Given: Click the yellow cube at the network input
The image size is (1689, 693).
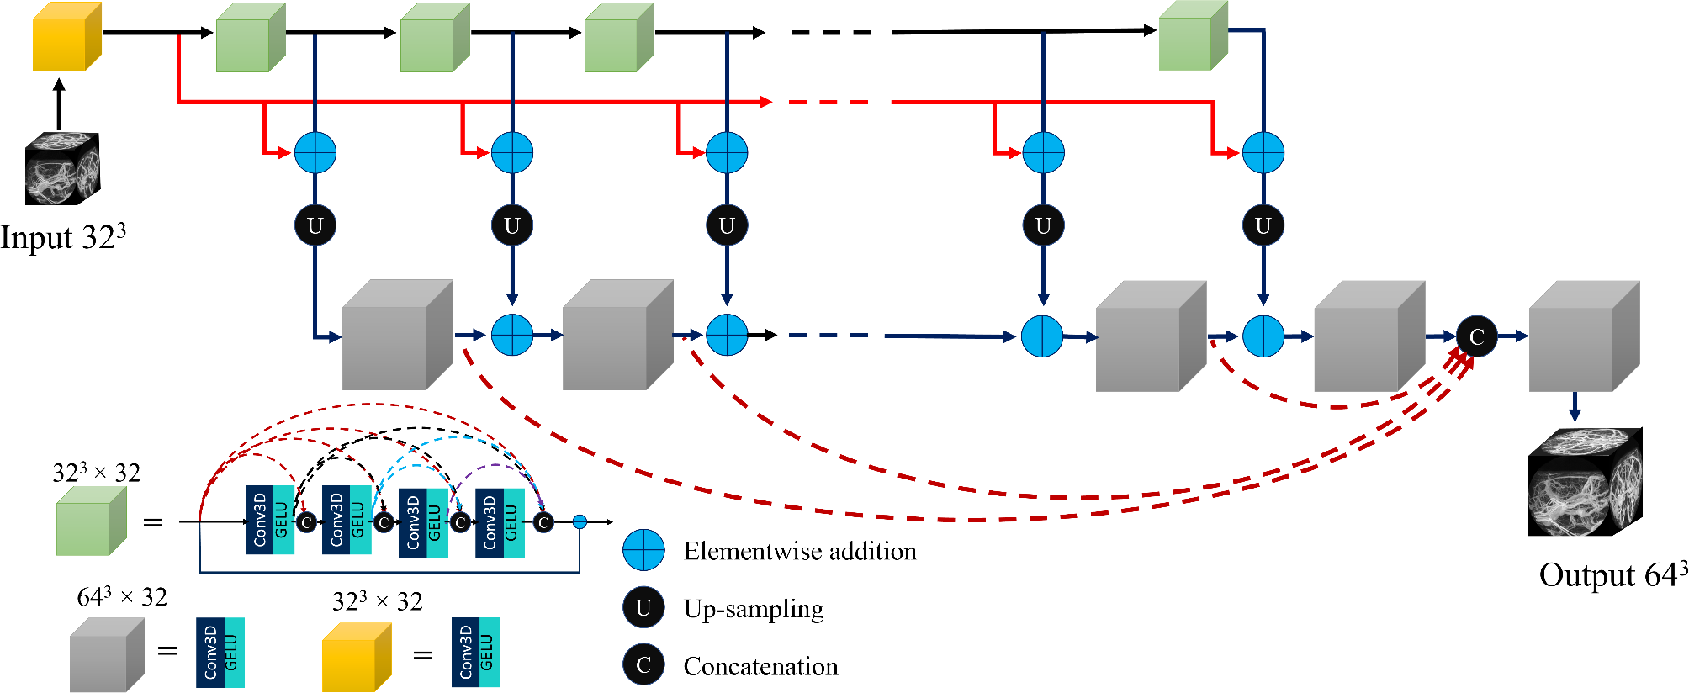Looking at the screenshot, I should tap(66, 38).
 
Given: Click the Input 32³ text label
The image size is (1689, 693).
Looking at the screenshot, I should tap(63, 237).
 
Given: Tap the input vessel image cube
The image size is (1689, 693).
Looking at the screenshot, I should tap(62, 169).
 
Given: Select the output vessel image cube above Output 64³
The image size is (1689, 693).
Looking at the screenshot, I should tap(1584, 483).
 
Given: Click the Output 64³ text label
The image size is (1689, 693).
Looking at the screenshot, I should tap(1612, 575).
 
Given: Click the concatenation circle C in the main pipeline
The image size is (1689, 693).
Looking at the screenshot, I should tap(1476, 336).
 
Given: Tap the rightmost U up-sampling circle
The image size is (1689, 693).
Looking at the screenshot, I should tap(1263, 225).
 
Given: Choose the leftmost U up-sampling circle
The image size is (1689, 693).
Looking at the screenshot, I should tap(315, 225).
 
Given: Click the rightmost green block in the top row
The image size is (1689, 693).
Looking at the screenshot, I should tap(1192, 37).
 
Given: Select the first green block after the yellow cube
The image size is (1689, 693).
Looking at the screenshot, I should tap(250, 39).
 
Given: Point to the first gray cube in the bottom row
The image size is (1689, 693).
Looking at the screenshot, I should tap(396, 336).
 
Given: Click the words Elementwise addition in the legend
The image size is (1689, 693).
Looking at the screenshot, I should tap(799, 552).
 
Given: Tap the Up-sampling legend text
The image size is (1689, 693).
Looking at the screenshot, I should tap(753, 609).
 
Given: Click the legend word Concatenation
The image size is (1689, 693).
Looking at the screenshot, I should tap(760, 667).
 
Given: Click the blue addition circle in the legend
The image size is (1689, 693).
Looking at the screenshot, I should tap(643, 551).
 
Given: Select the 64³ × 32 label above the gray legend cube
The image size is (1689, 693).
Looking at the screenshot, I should tap(122, 597).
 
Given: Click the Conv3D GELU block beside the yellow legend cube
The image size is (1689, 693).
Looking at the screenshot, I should tap(475, 653).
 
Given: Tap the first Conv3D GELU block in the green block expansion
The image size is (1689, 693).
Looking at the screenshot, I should tap(269, 521).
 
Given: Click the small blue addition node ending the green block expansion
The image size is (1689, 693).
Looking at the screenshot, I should tap(580, 522).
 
